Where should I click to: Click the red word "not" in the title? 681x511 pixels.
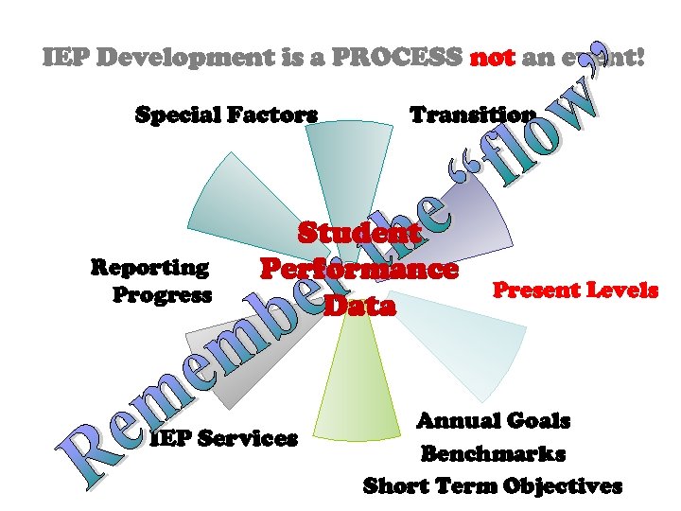(492, 58)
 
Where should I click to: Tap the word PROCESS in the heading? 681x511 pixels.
(410, 58)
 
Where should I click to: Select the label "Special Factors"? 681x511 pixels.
(226, 115)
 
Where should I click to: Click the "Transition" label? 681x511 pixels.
(472, 115)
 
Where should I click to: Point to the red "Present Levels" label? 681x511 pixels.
(576, 290)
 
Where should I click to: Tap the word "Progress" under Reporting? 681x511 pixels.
(162, 294)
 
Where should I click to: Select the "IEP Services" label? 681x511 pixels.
(224, 438)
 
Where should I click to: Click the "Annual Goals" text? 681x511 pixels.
(493, 420)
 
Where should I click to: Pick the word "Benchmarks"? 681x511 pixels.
(493, 453)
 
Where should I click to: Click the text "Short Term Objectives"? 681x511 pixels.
(493, 486)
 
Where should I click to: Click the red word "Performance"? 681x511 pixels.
(359, 269)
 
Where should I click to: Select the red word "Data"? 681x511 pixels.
(359, 305)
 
